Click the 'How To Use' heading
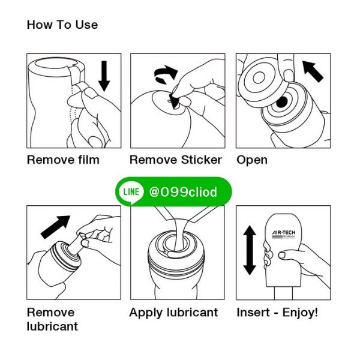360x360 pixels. tap(62, 25)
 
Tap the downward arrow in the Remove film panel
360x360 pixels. tap(104, 76)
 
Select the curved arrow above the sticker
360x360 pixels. tap(166, 74)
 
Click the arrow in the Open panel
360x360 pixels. tap(313, 71)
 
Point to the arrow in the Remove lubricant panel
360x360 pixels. tap(56, 227)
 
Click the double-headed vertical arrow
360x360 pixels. tap(250, 250)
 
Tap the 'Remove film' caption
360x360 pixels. tap(63, 160)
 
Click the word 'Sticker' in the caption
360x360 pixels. tap(202, 160)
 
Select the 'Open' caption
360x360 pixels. tap(252, 160)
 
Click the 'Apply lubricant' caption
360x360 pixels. tap(173, 313)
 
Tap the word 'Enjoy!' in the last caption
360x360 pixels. tap(300, 313)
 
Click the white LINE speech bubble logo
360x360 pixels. tap(131, 193)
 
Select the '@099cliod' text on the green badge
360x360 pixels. tap(183, 192)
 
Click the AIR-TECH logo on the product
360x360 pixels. tap(284, 234)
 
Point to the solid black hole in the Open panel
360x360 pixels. tap(282, 102)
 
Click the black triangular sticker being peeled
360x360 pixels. tap(174, 101)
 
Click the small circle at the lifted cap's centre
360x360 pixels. tap(259, 77)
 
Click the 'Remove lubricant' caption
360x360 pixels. tap(52, 319)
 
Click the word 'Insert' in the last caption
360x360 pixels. tap(253, 313)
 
